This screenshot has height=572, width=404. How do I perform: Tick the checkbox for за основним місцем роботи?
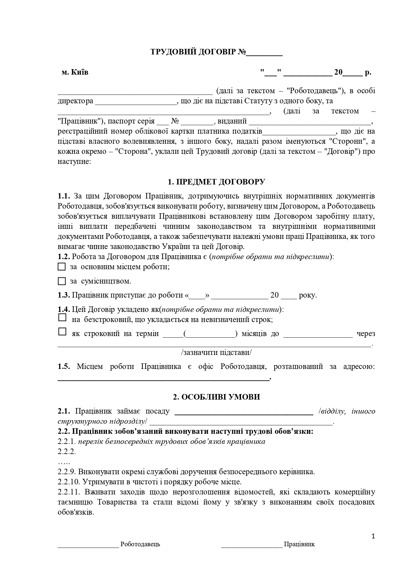point(62,267)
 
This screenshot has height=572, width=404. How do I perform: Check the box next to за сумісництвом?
point(62,281)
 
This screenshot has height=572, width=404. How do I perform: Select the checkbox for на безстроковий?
point(62,317)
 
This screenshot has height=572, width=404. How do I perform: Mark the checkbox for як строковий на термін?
point(62,332)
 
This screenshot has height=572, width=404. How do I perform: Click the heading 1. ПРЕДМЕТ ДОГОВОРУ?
point(216,182)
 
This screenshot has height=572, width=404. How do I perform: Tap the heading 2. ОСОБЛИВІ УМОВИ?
point(216,397)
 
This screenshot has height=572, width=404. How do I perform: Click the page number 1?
point(373,536)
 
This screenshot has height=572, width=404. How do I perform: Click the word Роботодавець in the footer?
point(140,544)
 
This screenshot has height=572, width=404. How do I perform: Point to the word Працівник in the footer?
point(299,544)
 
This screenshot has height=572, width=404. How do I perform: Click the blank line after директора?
point(136,102)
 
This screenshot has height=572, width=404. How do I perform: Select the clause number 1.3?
point(64,295)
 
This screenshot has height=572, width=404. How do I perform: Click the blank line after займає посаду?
point(244,412)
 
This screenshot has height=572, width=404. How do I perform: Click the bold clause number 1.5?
point(64,367)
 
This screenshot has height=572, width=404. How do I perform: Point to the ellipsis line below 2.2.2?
point(64,462)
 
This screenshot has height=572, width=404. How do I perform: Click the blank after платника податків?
point(299,132)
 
